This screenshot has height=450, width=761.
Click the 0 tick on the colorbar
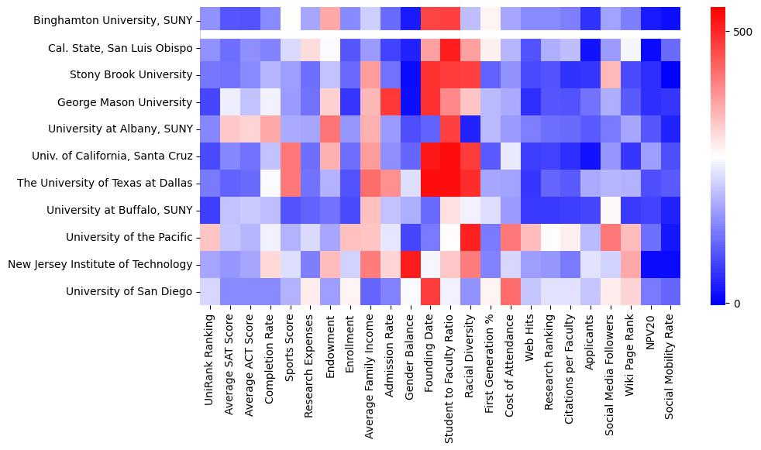[736, 303]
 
